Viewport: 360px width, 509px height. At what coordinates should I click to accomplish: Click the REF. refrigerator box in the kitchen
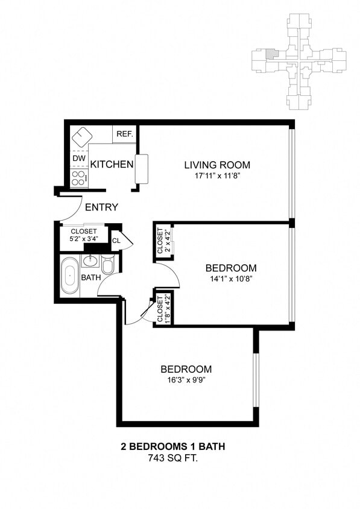pos(125,134)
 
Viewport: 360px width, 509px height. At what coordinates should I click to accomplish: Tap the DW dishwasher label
pos(79,159)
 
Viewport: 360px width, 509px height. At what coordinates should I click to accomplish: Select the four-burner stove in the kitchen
pos(79,177)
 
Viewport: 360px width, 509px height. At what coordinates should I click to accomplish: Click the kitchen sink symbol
pos(81,136)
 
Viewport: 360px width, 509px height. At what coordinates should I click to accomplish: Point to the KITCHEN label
pos(112,164)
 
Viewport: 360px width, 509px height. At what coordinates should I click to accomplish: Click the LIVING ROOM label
pos(217,165)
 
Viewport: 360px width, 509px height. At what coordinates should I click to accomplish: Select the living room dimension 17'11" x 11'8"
pos(217,177)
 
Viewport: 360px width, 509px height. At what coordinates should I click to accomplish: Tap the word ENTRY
pos(101,207)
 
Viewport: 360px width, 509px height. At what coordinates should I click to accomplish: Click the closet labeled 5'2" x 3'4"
pos(84,235)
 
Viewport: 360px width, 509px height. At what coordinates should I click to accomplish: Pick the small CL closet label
pos(116,241)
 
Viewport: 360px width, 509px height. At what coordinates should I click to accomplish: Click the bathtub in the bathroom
pos(69,276)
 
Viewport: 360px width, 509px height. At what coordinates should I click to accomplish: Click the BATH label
pos(90,278)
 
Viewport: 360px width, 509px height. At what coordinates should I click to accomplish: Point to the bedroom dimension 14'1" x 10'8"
pos(231,279)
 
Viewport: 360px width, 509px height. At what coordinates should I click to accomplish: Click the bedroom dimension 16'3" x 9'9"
pos(186,380)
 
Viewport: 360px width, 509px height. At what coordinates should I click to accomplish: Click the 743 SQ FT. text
pos(174,458)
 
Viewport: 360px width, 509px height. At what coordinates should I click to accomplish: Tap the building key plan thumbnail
pos(298,62)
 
